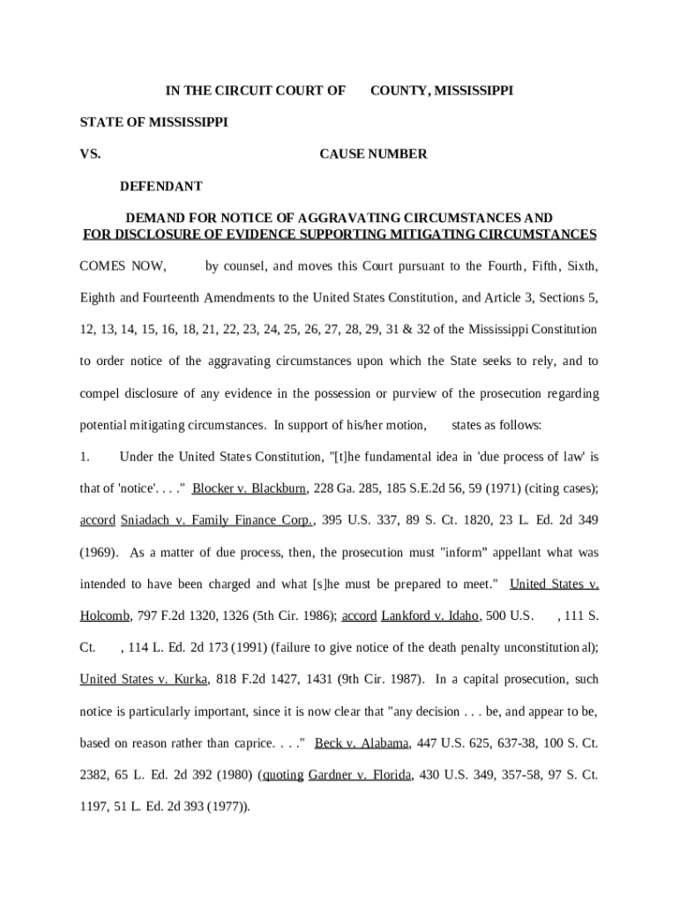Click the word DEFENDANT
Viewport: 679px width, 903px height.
(161, 186)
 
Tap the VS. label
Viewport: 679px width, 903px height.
(90, 154)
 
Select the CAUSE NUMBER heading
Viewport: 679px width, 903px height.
(373, 154)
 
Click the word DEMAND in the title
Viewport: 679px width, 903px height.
(155, 218)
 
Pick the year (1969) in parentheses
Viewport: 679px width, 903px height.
(99, 552)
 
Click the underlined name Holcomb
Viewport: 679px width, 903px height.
(106, 616)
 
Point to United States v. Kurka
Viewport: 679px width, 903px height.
(144, 679)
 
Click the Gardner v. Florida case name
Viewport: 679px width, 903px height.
(360, 774)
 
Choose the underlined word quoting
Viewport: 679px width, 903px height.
(281, 774)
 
